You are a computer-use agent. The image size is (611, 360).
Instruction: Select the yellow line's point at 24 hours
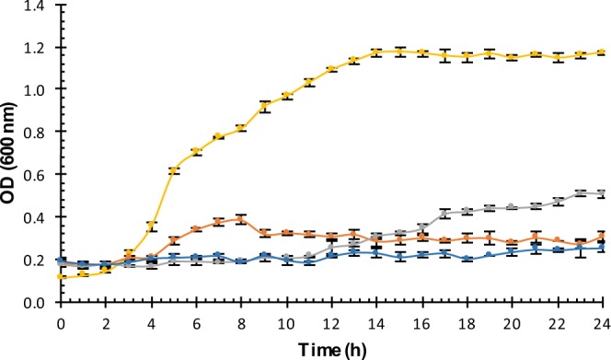pyautogui.click(x=603, y=52)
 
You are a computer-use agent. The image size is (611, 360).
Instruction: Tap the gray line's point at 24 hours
pyautogui.click(x=603, y=193)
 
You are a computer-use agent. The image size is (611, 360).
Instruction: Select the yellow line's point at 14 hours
pyautogui.click(x=376, y=52)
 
